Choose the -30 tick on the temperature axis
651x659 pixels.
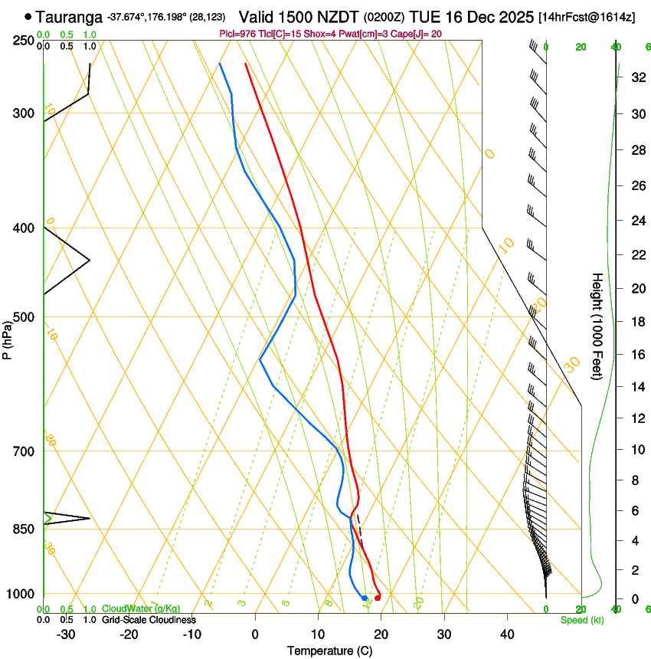[67, 634]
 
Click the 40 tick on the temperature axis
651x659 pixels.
[507, 634]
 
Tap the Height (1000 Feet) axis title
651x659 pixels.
[598, 326]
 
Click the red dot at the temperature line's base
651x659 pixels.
[378, 598]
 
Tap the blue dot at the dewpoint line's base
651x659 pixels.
[365, 598]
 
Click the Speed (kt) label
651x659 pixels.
[582, 620]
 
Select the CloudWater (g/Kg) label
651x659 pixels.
[141, 609]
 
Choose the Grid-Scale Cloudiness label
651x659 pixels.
[149, 620]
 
